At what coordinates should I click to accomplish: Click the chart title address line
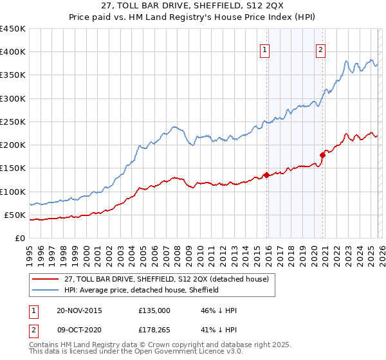192,6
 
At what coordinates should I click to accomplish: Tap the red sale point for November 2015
266,175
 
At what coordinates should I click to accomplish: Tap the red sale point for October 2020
322,155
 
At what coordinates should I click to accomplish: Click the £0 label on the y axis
19,238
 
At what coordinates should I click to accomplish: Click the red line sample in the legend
45,279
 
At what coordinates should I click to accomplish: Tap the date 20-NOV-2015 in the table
78,310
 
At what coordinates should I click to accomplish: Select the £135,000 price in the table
154,310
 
